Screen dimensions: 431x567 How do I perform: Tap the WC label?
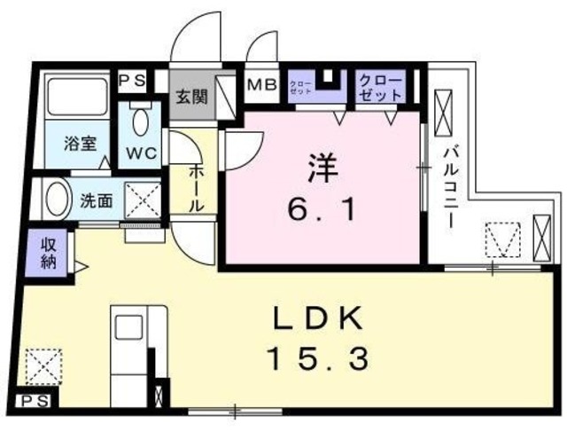[141, 152]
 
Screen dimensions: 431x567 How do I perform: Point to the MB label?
[261, 87]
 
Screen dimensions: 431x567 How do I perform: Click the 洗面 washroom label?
[97, 200]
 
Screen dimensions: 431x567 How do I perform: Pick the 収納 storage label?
[46, 253]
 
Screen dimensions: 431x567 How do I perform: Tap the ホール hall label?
[197, 187]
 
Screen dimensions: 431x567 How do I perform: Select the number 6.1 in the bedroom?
[322, 210]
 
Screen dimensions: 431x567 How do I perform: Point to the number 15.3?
[316, 359]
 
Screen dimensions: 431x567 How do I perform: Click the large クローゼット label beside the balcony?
[381, 87]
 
